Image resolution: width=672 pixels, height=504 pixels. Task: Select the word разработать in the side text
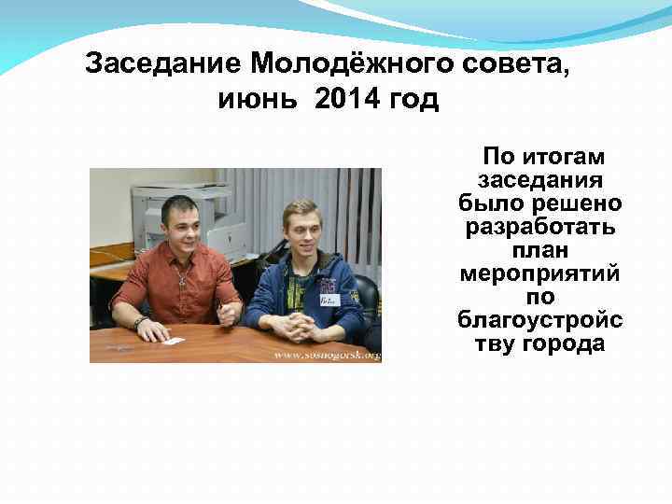tap(540, 227)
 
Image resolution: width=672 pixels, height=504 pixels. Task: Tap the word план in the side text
tap(540, 250)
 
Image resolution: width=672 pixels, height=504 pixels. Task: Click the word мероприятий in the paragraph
tap(540, 273)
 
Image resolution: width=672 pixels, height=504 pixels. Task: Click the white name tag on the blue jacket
tap(327, 301)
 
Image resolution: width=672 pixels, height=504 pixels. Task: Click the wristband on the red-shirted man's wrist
tap(139, 323)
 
